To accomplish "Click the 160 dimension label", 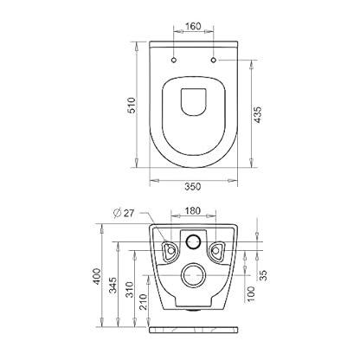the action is [x=193, y=26].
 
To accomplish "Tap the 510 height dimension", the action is [x=132, y=106].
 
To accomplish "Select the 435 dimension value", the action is [x=257, y=115].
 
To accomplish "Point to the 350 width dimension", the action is [x=192, y=187].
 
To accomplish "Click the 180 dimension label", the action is [x=192, y=211].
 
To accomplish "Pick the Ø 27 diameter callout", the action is [x=124, y=213].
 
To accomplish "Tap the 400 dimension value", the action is [x=97, y=276].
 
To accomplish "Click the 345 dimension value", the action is [x=113, y=285].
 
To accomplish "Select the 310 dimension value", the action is [x=130, y=290].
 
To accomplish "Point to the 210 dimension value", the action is [x=144, y=302].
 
